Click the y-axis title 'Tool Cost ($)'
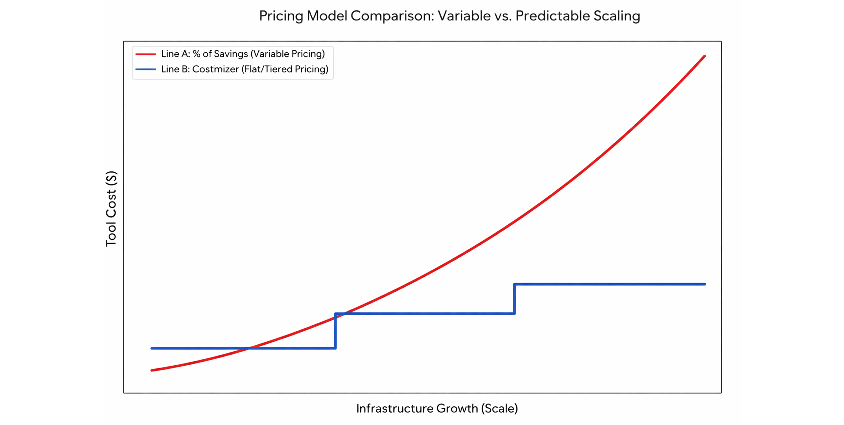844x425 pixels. click(x=111, y=209)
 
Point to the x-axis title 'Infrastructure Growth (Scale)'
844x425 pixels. click(x=437, y=408)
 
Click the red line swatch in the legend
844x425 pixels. click(x=146, y=54)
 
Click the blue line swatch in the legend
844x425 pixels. click(x=146, y=69)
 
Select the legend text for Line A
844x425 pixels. click(x=243, y=54)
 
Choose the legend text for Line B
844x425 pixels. click(x=244, y=69)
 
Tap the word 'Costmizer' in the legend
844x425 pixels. click(x=215, y=69)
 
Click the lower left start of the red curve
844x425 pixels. click(x=152, y=370)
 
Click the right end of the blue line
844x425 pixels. click(x=705, y=284)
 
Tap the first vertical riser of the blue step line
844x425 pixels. click(x=335, y=331)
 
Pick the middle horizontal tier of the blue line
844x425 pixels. click(x=425, y=314)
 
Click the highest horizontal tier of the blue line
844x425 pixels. click(x=609, y=284)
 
